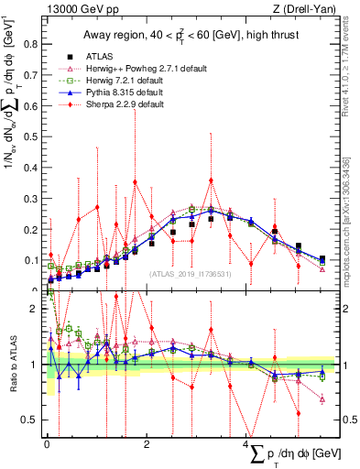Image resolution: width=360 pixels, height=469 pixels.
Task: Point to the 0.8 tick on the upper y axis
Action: [x=33, y=43]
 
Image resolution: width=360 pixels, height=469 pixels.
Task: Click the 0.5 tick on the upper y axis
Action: [x=33, y=136]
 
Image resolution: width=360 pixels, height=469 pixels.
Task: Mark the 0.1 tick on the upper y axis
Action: [x=33, y=260]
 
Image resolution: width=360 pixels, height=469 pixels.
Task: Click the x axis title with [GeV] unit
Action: [x=279, y=455]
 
